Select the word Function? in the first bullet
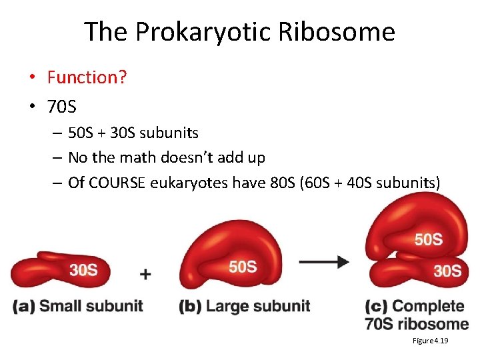(87, 77)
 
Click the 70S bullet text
(61, 105)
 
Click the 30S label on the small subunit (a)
(83, 269)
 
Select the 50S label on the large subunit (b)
(243, 267)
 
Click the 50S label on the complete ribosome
(428, 239)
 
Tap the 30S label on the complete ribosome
(447, 271)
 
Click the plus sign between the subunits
(145, 274)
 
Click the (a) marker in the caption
(23, 306)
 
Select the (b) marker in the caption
(191, 306)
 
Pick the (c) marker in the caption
(376, 306)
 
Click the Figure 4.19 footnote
(430, 341)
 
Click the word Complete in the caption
(427, 306)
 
